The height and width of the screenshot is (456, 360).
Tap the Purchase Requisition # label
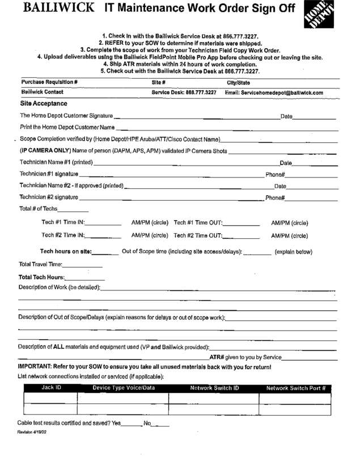click(49, 82)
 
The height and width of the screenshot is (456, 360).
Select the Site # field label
click(158, 82)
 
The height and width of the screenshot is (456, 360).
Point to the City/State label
click(239, 82)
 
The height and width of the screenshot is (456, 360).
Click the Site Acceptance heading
click(43, 103)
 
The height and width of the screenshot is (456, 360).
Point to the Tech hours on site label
click(65, 251)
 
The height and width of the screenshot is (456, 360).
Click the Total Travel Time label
click(37, 264)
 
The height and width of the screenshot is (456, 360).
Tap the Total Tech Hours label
click(42, 277)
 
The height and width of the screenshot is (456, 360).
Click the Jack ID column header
click(50, 388)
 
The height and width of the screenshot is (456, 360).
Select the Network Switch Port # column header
click(295, 389)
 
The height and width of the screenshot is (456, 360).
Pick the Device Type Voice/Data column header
click(123, 388)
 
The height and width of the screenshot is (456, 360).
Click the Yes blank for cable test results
click(131, 423)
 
